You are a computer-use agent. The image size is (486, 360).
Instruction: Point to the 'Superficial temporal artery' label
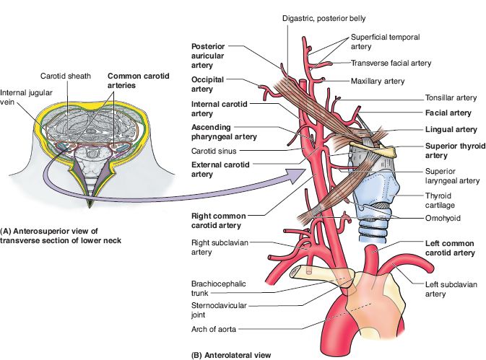(385, 41)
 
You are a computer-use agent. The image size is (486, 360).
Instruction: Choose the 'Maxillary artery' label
(377, 81)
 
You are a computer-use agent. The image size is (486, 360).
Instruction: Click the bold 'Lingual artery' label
(451, 129)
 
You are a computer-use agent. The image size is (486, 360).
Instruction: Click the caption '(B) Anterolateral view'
(235, 354)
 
